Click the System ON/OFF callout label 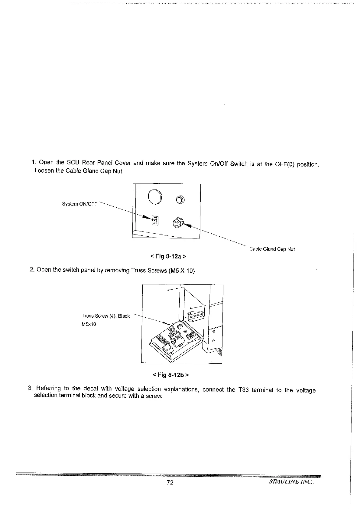[x=80, y=204]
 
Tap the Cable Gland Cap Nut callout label [x=272, y=249]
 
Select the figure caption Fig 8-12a [x=168, y=257]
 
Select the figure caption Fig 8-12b [x=171, y=375]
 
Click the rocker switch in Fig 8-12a [x=154, y=220]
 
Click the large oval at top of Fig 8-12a [x=155, y=197]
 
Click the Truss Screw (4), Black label [x=105, y=316]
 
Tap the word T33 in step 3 [x=243, y=390]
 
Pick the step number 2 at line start [x=32, y=270]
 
